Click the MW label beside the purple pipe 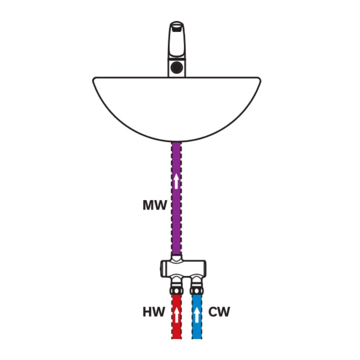pos(155,206)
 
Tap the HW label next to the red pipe pos(153,312)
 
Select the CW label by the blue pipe pos(219,312)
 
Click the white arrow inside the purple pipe pos(176,181)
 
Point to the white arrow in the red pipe pos(176,314)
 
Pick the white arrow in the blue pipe pos(197,314)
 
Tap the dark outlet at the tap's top pos(176,26)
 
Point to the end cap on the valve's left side pos(162,267)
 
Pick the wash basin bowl pos(176,108)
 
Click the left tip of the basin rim pos(94,80)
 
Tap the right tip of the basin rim pos(259,80)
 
